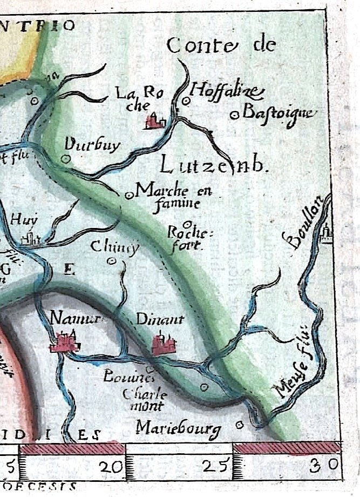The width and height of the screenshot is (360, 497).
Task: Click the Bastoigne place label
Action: pyautogui.click(x=278, y=113)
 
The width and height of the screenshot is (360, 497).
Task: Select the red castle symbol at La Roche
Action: pyautogui.click(x=155, y=121)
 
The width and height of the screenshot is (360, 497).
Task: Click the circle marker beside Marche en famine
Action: pyautogui.click(x=128, y=196)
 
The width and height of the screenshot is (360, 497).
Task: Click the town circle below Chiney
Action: pyautogui.click(x=112, y=261)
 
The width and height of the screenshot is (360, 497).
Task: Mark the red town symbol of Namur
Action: pyautogui.click(x=65, y=342)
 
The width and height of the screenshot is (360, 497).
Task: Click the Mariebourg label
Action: pyautogui.click(x=179, y=429)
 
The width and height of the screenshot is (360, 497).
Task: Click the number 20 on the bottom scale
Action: pyautogui.click(x=112, y=464)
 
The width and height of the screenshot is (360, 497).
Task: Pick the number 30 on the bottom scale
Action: pyautogui.click(x=325, y=464)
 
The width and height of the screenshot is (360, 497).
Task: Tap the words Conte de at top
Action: pyautogui.click(x=221, y=46)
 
